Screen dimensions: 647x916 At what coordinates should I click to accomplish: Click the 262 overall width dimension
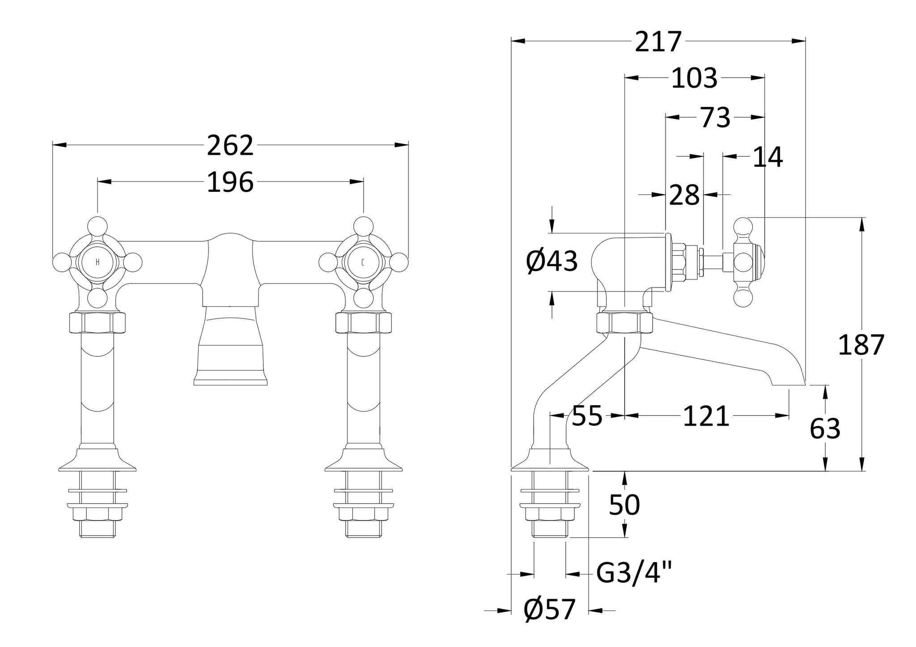(230, 146)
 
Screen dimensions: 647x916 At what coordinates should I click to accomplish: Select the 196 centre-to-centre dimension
(230, 182)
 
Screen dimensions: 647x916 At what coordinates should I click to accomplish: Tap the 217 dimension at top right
(658, 42)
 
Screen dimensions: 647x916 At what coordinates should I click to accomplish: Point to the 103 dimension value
(694, 78)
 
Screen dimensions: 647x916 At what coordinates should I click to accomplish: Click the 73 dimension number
(715, 118)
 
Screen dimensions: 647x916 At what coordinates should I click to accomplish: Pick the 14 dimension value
(768, 157)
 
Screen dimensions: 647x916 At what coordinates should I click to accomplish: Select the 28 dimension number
(684, 195)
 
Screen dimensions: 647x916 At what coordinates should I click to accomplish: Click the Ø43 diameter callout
(552, 262)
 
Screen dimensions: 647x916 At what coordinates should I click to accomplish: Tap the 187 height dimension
(861, 345)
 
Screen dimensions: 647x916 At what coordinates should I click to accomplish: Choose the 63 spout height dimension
(825, 429)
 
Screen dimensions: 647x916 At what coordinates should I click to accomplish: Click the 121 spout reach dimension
(706, 417)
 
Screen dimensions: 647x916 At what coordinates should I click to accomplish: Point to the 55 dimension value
(587, 417)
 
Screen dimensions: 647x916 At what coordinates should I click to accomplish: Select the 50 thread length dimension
(624, 505)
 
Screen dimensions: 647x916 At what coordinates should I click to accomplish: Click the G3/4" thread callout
(634, 573)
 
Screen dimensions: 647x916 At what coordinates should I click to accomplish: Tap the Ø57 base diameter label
(550, 610)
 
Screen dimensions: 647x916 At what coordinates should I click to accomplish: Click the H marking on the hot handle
(98, 262)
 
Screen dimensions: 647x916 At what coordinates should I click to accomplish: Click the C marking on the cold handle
(363, 262)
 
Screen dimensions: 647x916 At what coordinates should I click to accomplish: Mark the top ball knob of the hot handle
(98, 225)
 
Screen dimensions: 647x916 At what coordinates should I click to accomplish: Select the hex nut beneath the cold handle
(363, 323)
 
